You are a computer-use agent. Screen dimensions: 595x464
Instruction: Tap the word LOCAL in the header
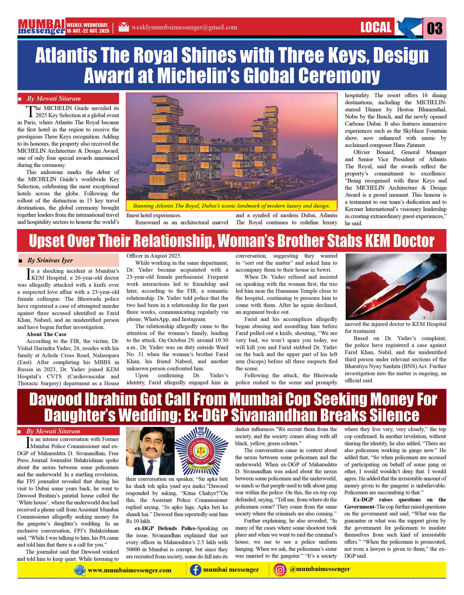tap(376, 27)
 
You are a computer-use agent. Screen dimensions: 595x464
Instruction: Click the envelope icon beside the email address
tap(124, 27)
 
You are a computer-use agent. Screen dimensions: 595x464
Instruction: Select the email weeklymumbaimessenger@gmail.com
tap(184, 27)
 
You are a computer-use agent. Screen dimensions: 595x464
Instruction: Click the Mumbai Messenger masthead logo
tap(41, 27)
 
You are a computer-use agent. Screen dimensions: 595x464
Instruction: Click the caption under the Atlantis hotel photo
tap(231, 206)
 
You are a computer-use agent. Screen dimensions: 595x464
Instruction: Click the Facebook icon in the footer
tap(195, 570)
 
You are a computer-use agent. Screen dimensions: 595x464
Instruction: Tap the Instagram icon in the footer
tap(280, 570)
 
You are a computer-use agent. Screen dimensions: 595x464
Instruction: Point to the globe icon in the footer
tap(80, 570)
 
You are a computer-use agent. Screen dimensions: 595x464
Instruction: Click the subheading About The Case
tap(46, 334)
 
